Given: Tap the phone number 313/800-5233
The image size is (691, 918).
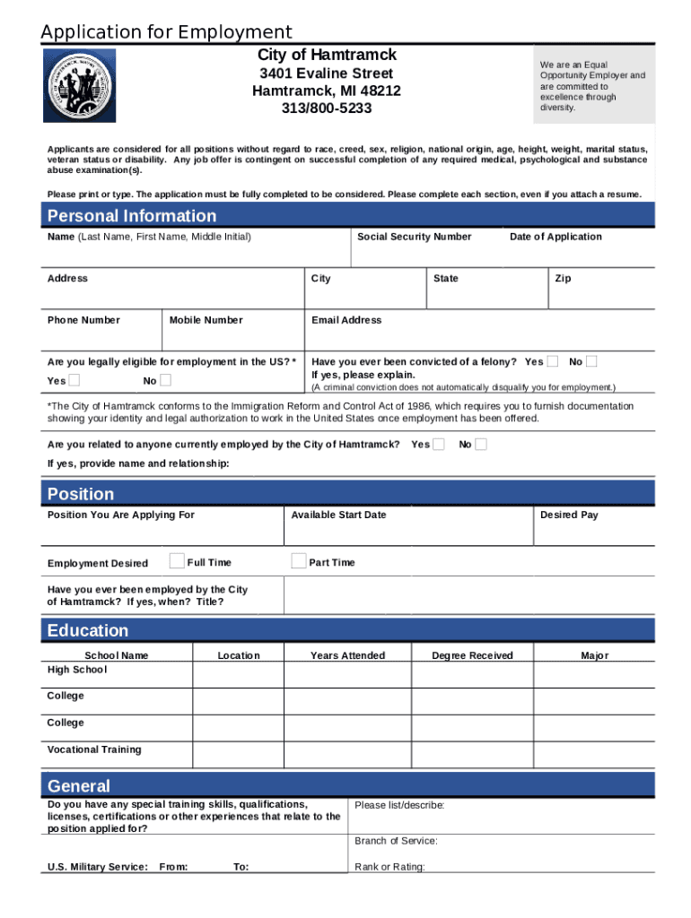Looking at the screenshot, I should (326, 108).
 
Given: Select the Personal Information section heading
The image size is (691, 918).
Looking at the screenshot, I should (132, 216).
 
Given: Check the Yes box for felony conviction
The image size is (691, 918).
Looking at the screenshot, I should (553, 361).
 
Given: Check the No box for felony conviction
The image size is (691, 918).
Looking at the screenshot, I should (592, 361).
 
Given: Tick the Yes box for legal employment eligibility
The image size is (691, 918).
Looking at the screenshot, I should (74, 381).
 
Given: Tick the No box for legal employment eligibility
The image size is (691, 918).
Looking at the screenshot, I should (165, 381).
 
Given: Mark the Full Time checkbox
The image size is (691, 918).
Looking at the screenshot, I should (178, 561).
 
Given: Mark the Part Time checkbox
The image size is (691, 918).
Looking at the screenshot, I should (299, 561).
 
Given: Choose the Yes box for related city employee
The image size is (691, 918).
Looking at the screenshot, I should (439, 444).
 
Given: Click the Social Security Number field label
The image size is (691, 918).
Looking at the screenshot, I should (414, 237).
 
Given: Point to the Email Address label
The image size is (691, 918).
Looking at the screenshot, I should (346, 320).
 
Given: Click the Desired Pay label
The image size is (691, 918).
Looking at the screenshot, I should (569, 515).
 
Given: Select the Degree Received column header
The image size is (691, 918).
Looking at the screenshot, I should (472, 655).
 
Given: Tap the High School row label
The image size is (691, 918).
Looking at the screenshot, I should (77, 670).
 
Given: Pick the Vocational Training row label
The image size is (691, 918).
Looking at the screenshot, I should (94, 749).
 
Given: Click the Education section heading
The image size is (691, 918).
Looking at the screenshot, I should (88, 631).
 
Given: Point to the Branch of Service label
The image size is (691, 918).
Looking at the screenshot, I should (396, 841).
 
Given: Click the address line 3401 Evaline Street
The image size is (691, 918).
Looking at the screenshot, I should (326, 74).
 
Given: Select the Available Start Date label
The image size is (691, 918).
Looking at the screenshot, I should (338, 515).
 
